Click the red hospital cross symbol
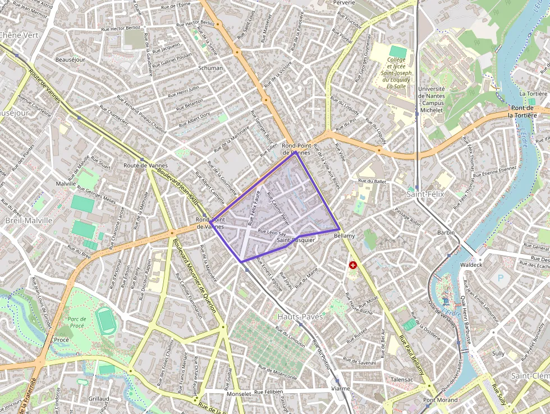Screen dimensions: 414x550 [352, 265]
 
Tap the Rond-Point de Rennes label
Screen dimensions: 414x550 [296, 149]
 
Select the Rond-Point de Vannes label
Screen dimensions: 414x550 [210, 223]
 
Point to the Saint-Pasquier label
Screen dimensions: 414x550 [296, 240]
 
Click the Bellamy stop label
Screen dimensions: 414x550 [344, 236]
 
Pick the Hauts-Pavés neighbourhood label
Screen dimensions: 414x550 [300, 317]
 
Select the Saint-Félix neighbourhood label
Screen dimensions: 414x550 [425, 194]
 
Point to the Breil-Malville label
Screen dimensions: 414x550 [29, 221]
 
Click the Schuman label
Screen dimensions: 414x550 [210, 68]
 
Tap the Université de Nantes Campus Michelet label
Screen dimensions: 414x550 [432, 99]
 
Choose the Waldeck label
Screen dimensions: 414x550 [470, 265]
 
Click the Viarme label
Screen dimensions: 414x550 [341, 388]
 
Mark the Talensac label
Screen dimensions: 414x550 [402, 380]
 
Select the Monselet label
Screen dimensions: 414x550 [239, 394]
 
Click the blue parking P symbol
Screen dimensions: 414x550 [501, 278]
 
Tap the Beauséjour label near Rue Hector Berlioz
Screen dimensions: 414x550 [70, 60]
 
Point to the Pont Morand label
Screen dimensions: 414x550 [440, 400]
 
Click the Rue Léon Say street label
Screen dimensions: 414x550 [272, 233]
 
